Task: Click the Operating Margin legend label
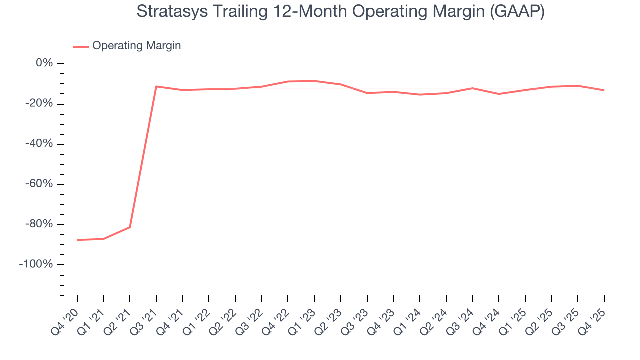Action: click(x=136, y=46)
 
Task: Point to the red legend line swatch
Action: click(x=81, y=46)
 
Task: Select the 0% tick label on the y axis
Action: click(x=44, y=63)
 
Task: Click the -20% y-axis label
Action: click(x=39, y=104)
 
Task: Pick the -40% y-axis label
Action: click(x=39, y=144)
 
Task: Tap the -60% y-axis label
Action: click(x=39, y=184)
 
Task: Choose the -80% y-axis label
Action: click(x=39, y=224)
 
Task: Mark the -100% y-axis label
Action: click(x=36, y=264)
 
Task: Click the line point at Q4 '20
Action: click(x=77, y=240)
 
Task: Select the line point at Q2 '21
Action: click(x=130, y=227)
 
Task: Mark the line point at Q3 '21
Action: click(x=156, y=86)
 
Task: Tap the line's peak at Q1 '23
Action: click(x=314, y=81)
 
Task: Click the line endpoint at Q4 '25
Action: click(x=604, y=90)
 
